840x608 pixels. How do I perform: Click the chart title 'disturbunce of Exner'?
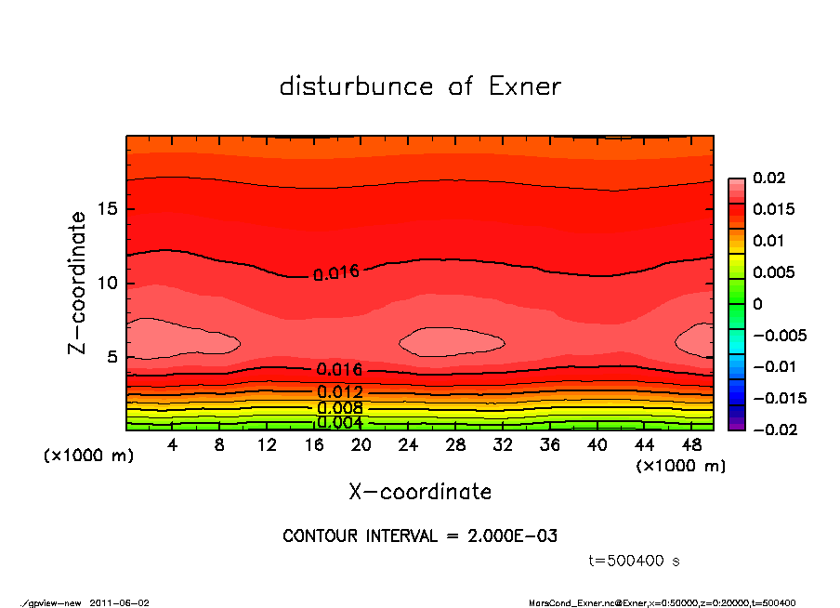click(x=420, y=86)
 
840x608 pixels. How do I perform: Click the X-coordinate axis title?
click(x=420, y=491)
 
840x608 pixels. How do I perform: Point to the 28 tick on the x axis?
click(x=456, y=444)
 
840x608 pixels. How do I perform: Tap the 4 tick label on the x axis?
click(x=173, y=444)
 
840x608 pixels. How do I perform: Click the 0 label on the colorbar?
click(x=757, y=304)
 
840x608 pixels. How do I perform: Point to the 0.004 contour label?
click(x=339, y=422)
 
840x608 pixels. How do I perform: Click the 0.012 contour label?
click(x=339, y=392)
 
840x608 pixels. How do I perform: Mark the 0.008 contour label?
click(x=339, y=407)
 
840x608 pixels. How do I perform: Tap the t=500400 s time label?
click(x=635, y=561)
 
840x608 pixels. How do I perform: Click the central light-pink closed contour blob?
click(x=452, y=341)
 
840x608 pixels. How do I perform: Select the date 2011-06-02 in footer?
click(x=119, y=602)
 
